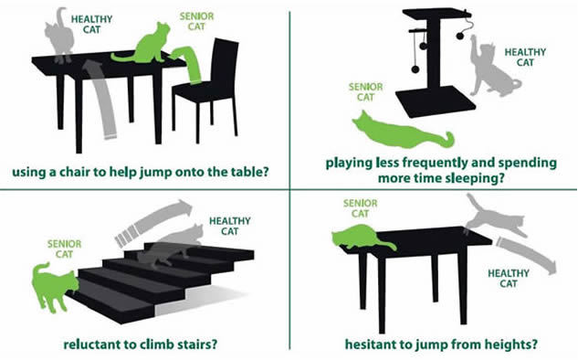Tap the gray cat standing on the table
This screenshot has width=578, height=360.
tap(59, 37)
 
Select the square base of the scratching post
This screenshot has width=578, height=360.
tap(436, 101)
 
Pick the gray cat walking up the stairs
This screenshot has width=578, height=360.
tap(173, 247)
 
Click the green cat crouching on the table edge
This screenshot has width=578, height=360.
tap(362, 238)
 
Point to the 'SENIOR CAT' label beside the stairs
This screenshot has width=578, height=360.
tap(64, 249)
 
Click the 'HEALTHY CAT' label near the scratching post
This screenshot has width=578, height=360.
tap(525, 58)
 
